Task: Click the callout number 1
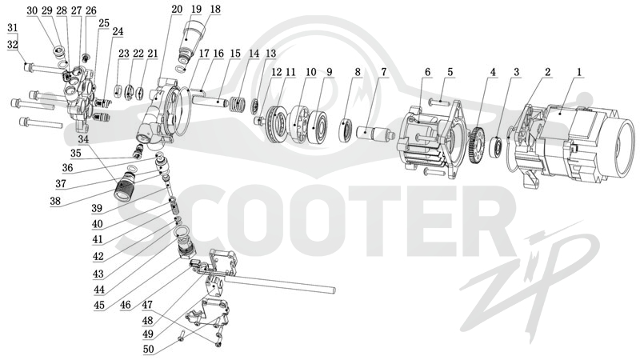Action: click(x=578, y=72)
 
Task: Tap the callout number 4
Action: click(x=493, y=72)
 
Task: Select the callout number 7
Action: click(x=383, y=72)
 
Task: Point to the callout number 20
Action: click(x=177, y=10)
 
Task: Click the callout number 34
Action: click(x=83, y=139)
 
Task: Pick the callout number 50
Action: click(x=149, y=350)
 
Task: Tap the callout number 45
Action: click(x=99, y=305)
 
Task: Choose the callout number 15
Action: click(x=235, y=54)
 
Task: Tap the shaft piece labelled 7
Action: click(x=374, y=134)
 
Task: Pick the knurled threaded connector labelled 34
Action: click(x=126, y=185)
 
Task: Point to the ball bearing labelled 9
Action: click(x=317, y=126)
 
